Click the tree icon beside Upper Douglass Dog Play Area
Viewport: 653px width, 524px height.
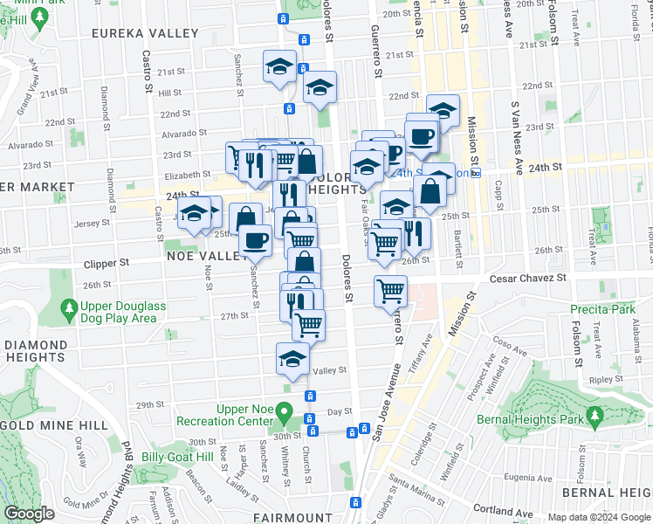(69, 308)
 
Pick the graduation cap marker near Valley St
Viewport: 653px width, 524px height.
(293, 358)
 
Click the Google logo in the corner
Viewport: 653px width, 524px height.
(30, 514)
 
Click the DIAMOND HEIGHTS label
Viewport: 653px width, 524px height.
(35, 351)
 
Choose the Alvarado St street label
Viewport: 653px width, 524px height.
(184, 135)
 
